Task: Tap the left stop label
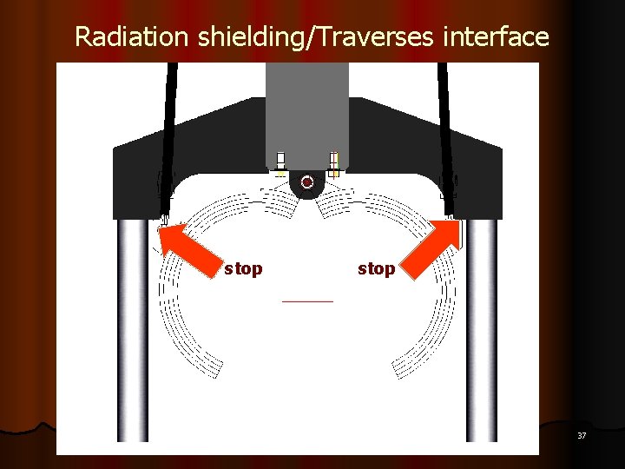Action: [x=243, y=269]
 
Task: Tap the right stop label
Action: [x=376, y=269]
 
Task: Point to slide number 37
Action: [x=582, y=435]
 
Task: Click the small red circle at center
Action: [x=307, y=182]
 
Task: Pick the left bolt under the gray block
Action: [x=280, y=162]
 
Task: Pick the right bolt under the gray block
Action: [x=334, y=162]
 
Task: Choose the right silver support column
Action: [x=481, y=330]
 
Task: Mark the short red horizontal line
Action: [x=307, y=301]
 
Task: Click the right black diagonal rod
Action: [x=445, y=130]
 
